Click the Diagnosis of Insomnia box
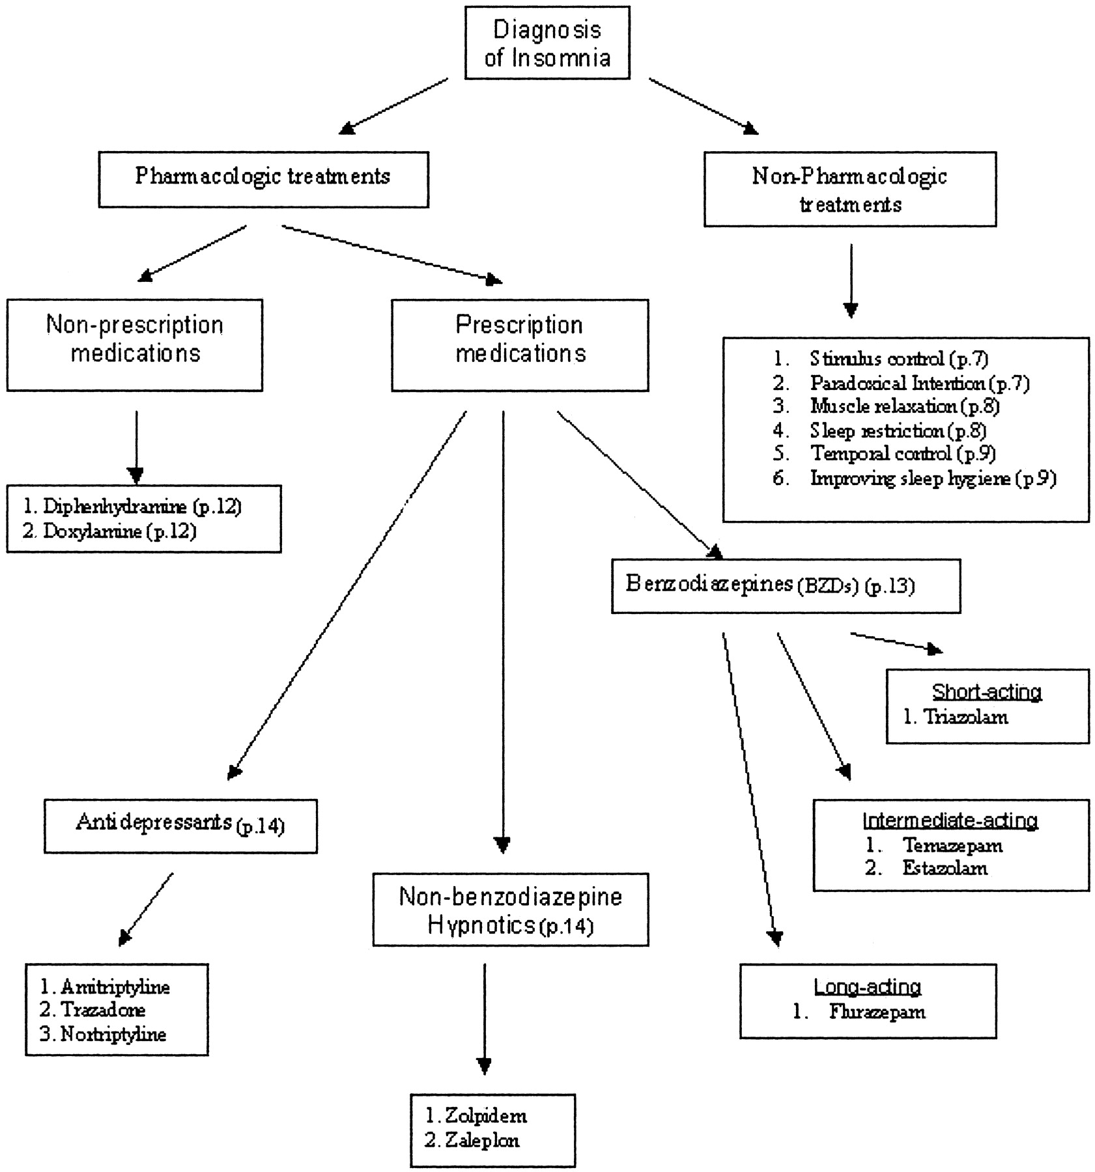pyautogui.click(x=547, y=43)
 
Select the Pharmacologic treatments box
pyautogui.click(x=263, y=180)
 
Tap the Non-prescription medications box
pyautogui.click(x=135, y=345)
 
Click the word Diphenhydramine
pyautogui.click(x=115, y=507)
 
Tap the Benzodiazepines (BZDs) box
pyautogui.click(x=786, y=585)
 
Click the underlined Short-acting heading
pyautogui.click(x=987, y=691)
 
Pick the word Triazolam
pyautogui.click(x=966, y=718)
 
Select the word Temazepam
pyautogui.click(x=952, y=846)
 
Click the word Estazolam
pyautogui.click(x=945, y=868)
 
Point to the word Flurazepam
pyautogui.click(x=877, y=1012)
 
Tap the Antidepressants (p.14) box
pyautogui.click(x=180, y=826)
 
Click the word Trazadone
pyautogui.click(x=103, y=1010)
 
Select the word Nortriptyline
pyautogui.click(x=113, y=1034)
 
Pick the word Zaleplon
pyautogui.click(x=482, y=1140)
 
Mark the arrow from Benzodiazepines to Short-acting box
pyautogui.click(x=896, y=643)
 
